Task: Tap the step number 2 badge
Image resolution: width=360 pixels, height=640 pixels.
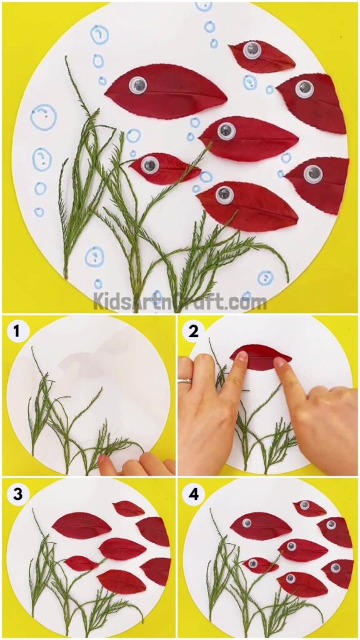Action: coord(194,331)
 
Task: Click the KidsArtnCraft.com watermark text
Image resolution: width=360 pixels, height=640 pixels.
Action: coord(180,302)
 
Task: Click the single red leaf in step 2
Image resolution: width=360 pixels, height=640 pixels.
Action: coord(261,357)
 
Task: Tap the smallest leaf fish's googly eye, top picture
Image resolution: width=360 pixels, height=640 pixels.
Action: coord(149,165)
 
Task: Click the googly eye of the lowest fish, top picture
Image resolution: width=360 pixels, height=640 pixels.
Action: coord(224,194)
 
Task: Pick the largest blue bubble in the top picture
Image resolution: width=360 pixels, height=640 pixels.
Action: coord(43,117)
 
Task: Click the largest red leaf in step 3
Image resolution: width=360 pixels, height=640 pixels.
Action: coord(81,525)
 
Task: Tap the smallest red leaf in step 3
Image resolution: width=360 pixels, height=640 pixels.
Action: coord(81,563)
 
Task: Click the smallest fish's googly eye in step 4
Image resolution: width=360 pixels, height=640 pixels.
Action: coord(252,564)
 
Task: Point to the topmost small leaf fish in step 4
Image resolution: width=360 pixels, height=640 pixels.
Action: coord(310,507)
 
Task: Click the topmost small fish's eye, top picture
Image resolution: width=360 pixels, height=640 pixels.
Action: coord(252,50)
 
